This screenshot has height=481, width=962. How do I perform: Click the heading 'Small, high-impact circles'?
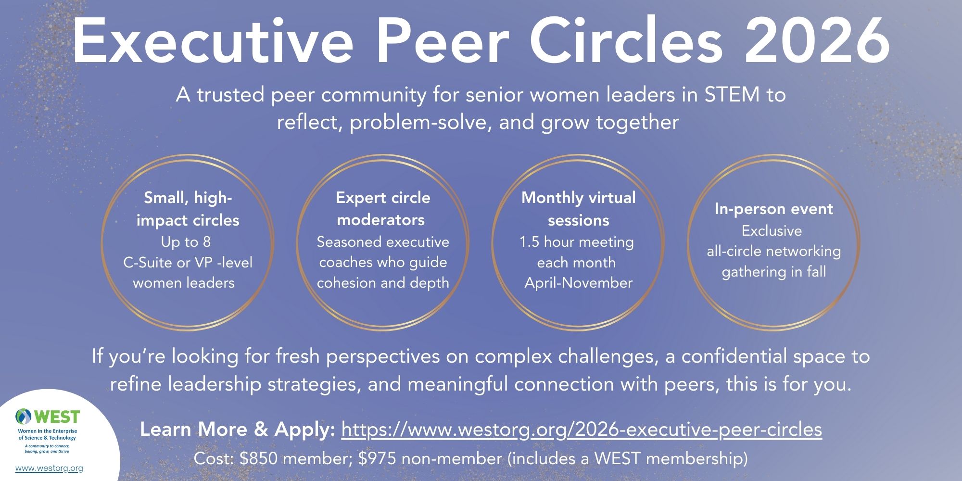[188, 209]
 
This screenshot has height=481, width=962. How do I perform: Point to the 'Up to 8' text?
[186, 242]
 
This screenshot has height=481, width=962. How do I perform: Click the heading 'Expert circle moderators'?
[382, 209]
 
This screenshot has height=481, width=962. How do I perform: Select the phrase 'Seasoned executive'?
[383, 242]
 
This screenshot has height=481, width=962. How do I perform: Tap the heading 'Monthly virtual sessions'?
[578, 209]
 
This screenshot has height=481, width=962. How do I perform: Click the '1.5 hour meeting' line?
[576, 242]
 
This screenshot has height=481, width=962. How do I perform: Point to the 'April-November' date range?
[578, 283]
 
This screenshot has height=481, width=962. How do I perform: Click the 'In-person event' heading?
[773, 209]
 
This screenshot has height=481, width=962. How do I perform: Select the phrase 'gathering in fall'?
[773, 272]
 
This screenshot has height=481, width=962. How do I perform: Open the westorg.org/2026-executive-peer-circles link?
[582, 430]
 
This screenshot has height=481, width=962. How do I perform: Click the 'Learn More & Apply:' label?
[238, 430]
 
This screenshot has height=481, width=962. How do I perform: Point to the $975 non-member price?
[430, 458]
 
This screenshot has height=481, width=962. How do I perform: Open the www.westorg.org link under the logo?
[49, 468]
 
